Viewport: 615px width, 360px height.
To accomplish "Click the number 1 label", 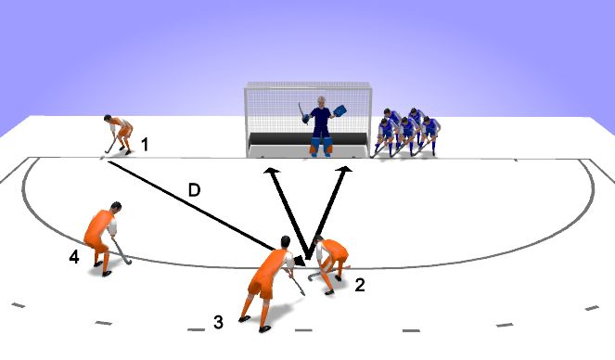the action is (x=145, y=145).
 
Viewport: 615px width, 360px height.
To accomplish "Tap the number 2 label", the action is (x=360, y=286).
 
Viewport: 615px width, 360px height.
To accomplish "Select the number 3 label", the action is (x=218, y=323).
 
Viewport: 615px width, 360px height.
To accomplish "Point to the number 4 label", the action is (x=74, y=257).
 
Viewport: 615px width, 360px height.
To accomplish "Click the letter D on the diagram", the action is (x=195, y=190).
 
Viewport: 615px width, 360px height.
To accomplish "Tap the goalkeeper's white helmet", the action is (x=321, y=103).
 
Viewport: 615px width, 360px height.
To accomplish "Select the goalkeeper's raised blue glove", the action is (x=340, y=111).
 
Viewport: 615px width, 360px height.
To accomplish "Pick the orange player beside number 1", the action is (x=119, y=133).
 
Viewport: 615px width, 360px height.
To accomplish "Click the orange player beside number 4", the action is (x=103, y=235).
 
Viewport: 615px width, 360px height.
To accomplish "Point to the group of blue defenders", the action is (x=406, y=133).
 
